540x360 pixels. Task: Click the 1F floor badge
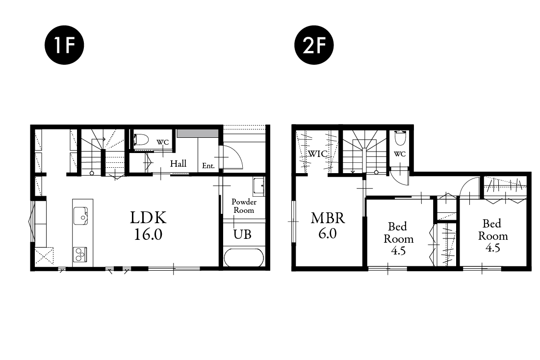click(x=64, y=45)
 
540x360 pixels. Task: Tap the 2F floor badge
click(x=314, y=45)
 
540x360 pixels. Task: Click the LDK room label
click(x=148, y=218)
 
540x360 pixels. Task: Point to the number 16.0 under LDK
click(x=148, y=234)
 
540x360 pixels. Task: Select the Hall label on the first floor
click(x=179, y=164)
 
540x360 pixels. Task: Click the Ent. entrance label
click(x=208, y=166)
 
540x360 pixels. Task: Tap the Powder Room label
click(x=244, y=206)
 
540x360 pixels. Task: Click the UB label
click(x=242, y=234)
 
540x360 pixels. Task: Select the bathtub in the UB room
click(x=244, y=257)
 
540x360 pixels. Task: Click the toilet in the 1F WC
click(x=141, y=140)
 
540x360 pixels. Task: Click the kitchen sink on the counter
click(x=80, y=216)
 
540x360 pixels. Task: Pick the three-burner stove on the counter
click(x=79, y=255)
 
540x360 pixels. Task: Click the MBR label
click(x=328, y=218)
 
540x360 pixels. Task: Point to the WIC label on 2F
click(x=317, y=154)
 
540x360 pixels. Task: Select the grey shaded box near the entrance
click(x=198, y=134)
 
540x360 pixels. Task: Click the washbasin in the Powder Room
click(x=258, y=186)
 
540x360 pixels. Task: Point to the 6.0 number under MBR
click(x=328, y=234)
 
